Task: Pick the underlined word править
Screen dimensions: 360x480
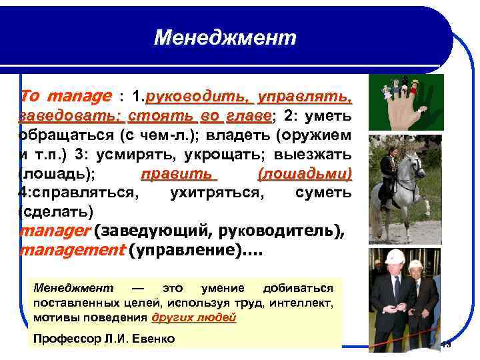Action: click(x=179, y=175)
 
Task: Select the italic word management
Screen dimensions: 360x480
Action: click(x=72, y=251)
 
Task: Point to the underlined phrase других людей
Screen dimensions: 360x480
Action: click(x=194, y=318)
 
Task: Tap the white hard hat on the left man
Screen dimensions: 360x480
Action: click(x=395, y=257)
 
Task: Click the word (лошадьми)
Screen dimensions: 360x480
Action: click(x=304, y=175)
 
